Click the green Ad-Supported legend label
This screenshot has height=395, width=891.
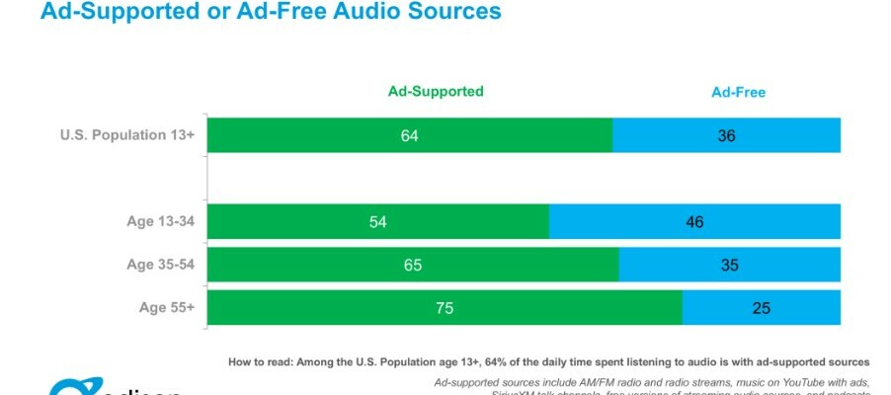point(435,92)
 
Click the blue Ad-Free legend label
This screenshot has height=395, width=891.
point(739,93)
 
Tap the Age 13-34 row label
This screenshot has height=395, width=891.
point(162,221)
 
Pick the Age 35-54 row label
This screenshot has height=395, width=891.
point(162,264)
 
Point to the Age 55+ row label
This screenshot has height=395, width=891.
point(168,307)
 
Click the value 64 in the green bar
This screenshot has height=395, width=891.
point(409,135)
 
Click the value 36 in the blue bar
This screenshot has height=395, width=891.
point(726,135)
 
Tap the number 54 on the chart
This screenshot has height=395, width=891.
point(377,222)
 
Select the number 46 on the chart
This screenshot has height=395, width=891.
point(694,222)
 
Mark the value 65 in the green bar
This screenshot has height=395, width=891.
point(412,265)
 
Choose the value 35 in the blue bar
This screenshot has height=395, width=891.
point(729,265)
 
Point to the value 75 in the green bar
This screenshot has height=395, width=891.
point(444,308)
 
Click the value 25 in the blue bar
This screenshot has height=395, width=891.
point(761,308)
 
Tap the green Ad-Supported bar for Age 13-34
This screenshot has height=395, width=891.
point(296,222)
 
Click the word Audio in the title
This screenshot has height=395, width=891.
point(359,12)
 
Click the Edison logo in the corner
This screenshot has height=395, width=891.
point(109,388)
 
